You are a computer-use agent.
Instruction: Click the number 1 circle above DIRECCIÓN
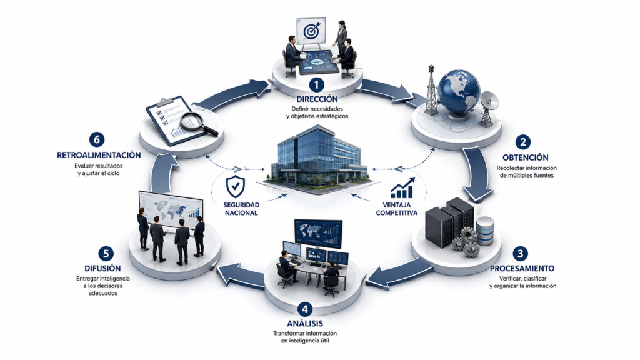[x=316, y=85]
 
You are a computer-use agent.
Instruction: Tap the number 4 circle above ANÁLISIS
[x=305, y=309]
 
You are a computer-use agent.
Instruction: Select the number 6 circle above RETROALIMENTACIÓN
[x=97, y=139]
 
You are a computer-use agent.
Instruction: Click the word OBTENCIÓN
[x=525, y=157]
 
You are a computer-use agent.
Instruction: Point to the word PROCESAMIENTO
[x=522, y=269]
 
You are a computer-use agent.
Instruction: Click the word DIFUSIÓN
[x=103, y=269]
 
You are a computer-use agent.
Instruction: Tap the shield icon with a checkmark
[x=236, y=186]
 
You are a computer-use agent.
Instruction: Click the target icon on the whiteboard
[x=311, y=31]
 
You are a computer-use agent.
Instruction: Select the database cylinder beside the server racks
[x=485, y=231]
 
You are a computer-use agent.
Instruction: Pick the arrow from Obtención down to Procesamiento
[x=477, y=174]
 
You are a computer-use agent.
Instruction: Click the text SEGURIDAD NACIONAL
[x=241, y=209]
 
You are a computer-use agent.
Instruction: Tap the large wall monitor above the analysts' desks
[x=318, y=234]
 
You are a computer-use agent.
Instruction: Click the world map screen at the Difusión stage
[x=171, y=209]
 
